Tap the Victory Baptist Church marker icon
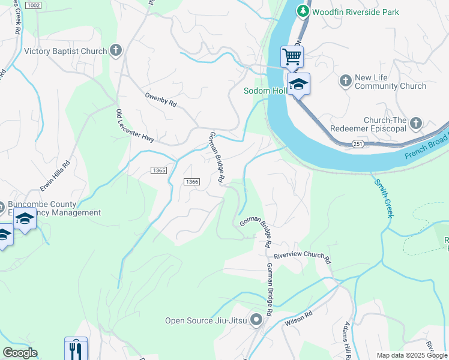[116, 51]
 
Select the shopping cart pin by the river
[292, 57]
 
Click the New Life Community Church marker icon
[345, 80]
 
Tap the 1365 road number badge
[158, 170]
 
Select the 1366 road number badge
[191, 182]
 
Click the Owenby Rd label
[161, 100]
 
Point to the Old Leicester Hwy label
[135, 125]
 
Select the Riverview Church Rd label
[303, 257]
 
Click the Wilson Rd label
[299, 317]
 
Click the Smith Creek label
[382, 197]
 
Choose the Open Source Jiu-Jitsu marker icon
[256, 320]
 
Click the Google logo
[20, 353]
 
